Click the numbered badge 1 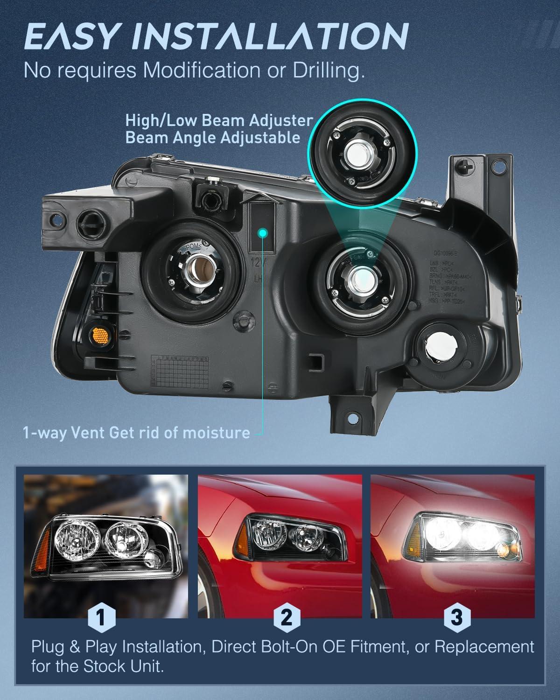[100, 618]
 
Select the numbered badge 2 [286, 618]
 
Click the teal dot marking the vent [264, 232]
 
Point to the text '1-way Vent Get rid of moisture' [136, 433]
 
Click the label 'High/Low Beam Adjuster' [218, 120]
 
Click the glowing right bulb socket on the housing [362, 277]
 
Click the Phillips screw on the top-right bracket [468, 166]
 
